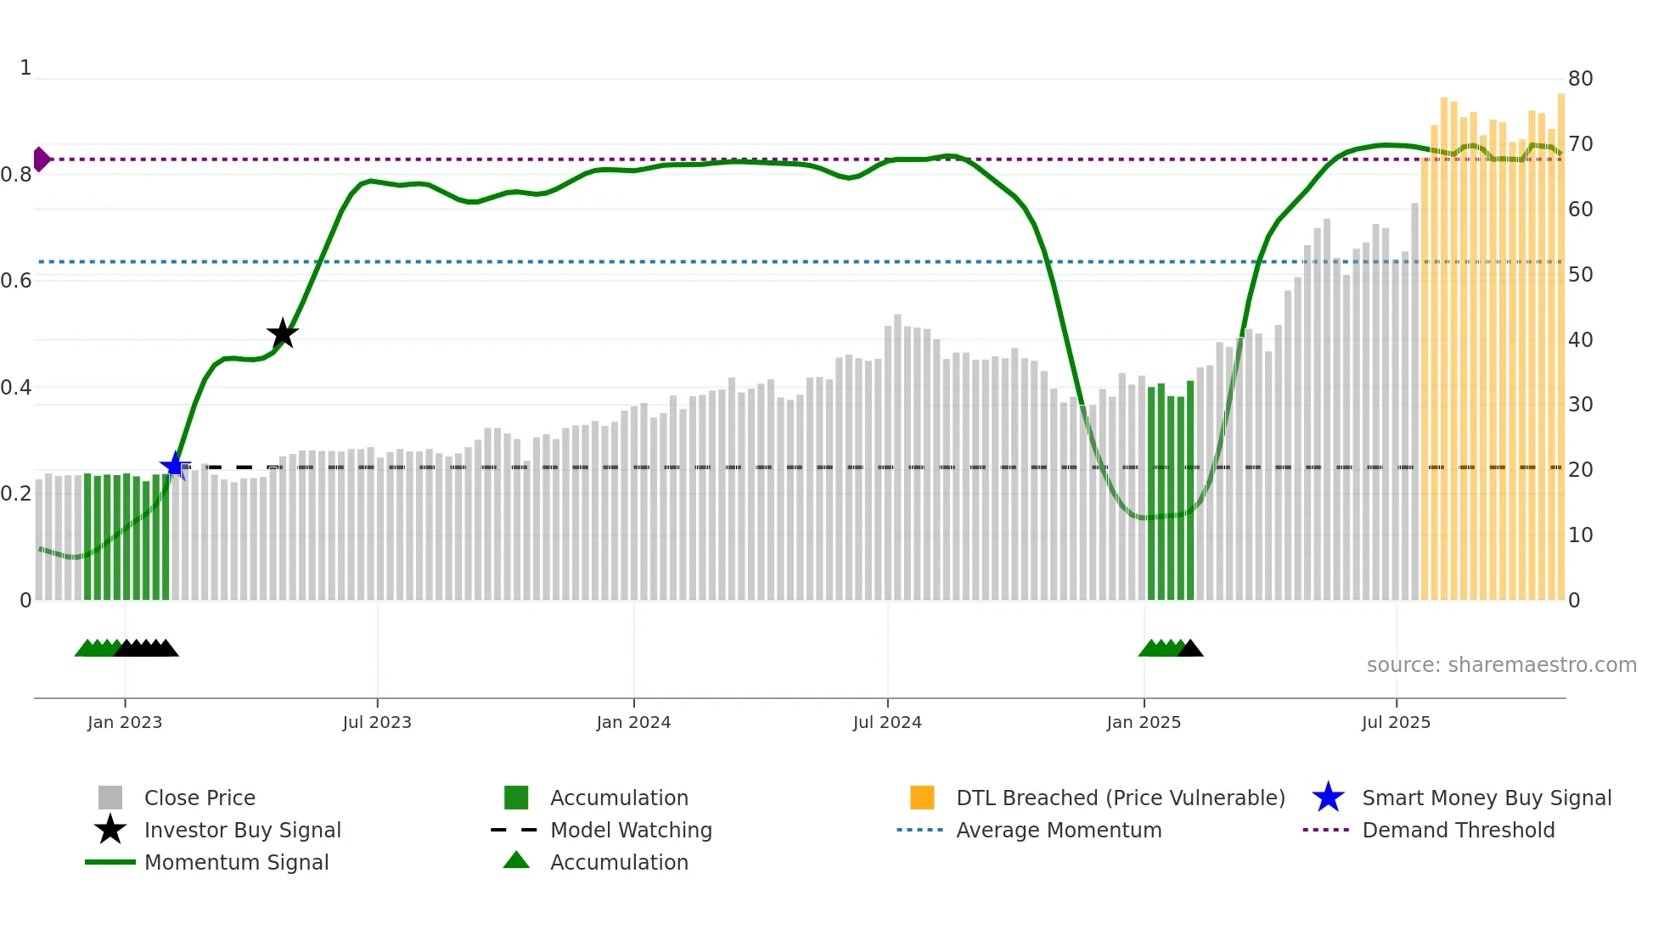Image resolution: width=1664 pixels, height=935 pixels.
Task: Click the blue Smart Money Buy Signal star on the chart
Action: click(175, 466)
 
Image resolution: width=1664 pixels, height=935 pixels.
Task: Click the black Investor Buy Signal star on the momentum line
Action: click(282, 333)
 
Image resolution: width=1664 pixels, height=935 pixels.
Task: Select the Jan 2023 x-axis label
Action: click(125, 722)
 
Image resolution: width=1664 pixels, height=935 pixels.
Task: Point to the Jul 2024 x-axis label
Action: click(887, 722)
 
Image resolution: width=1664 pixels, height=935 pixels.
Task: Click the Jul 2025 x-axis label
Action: click(1396, 722)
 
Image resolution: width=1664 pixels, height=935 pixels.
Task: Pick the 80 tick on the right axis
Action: click(1580, 79)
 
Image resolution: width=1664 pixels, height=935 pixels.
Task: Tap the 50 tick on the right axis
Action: click(1580, 275)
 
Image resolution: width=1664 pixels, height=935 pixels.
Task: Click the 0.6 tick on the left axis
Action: click(16, 281)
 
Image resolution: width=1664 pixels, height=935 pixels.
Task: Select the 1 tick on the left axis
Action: click(25, 68)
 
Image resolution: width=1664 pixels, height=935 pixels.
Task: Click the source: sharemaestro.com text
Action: click(1501, 665)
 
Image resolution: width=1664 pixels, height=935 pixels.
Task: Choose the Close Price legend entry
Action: click(200, 798)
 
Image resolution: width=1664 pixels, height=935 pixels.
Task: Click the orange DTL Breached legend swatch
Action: click(922, 798)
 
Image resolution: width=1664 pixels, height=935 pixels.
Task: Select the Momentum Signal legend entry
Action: click(236, 862)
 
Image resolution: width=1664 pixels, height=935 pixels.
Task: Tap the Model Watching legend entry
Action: click(631, 830)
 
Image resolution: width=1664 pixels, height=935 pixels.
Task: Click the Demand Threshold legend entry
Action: click(1458, 830)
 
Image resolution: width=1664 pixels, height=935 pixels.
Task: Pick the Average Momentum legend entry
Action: click(1059, 830)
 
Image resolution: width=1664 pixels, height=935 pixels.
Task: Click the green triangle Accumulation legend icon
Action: click(516, 861)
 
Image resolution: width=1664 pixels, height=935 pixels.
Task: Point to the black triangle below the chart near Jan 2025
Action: click(1190, 649)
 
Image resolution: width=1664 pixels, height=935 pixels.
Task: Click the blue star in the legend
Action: click(1328, 798)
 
